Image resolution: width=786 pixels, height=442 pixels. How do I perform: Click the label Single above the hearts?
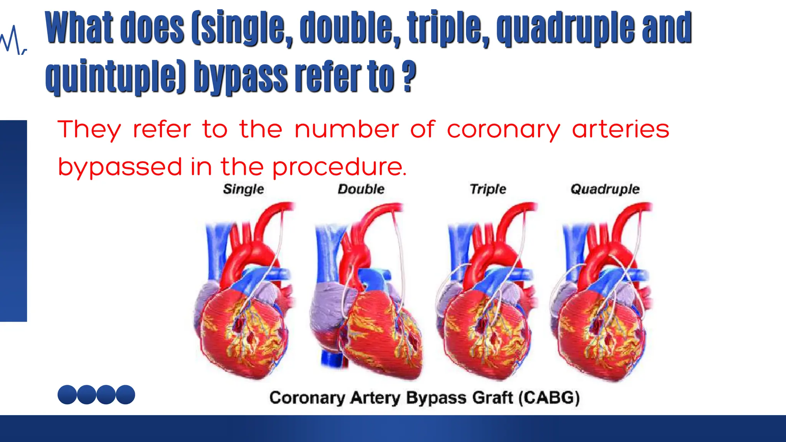point(243,189)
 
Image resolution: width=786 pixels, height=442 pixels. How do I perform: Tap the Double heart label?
point(361,189)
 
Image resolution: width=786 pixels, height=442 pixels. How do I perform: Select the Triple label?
point(488,189)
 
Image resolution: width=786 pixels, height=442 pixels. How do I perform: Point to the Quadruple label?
point(605,189)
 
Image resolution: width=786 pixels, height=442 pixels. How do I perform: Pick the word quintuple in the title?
point(115,77)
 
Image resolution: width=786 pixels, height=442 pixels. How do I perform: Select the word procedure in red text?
point(339,167)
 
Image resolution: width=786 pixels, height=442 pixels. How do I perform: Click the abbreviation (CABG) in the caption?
point(549,397)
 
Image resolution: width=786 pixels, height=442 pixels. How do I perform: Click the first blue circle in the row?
point(67,394)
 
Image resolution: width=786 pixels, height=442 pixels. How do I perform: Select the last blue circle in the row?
point(125,394)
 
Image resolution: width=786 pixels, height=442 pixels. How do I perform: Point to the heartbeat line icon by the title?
point(13,40)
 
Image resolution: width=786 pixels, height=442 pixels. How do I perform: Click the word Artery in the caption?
point(375,398)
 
